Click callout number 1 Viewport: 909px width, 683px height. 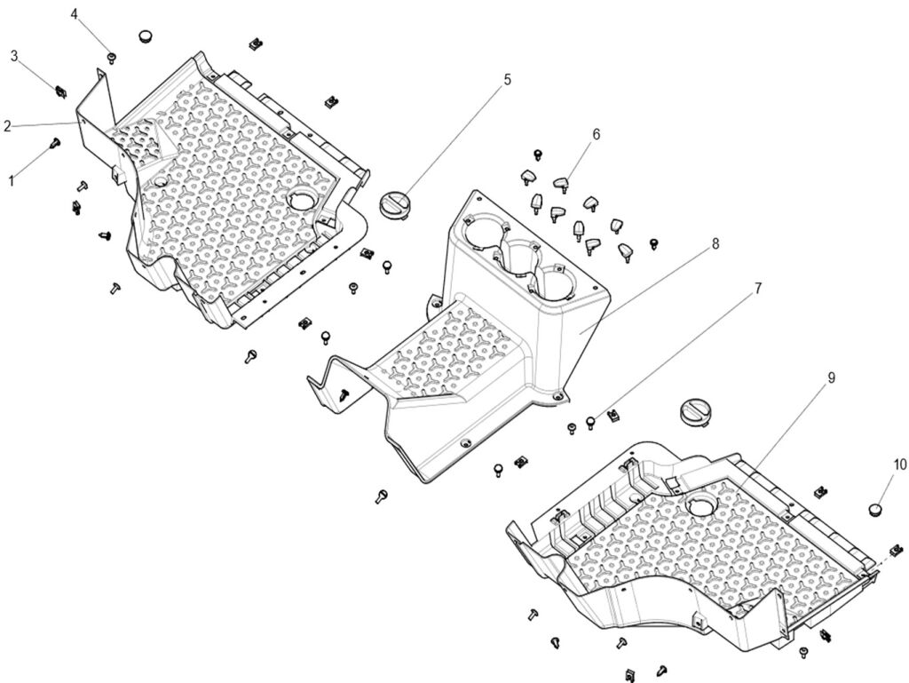[12, 180]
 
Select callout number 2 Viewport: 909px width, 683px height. [7, 126]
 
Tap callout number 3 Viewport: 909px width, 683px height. [15, 56]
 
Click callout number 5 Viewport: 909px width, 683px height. [507, 79]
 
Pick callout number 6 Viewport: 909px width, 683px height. [596, 134]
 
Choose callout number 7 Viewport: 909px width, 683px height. [758, 288]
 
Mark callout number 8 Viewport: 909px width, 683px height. [715, 243]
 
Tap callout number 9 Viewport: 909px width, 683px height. [831, 377]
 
